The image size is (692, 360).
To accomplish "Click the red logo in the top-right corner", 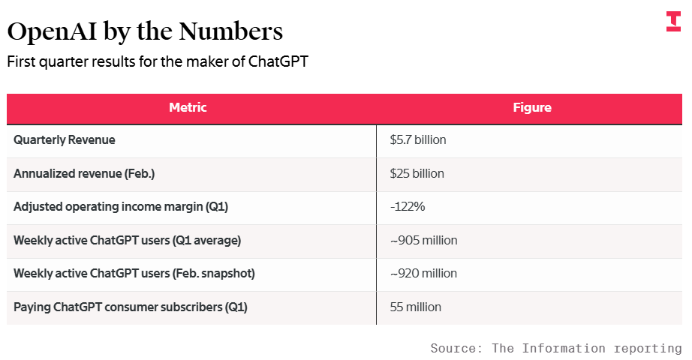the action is (x=673, y=22).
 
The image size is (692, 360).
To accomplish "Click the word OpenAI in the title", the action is (x=52, y=31).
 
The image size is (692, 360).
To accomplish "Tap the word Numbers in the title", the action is (x=230, y=31).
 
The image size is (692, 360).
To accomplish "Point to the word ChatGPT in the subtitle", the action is (x=278, y=61).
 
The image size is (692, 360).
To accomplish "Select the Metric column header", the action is (x=188, y=108).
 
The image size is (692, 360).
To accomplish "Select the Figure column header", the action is (x=532, y=108).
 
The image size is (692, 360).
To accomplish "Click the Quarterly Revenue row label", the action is (x=65, y=139).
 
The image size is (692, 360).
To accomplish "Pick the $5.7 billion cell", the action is (x=418, y=139).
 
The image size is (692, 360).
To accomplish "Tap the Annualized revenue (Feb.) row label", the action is (x=84, y=174).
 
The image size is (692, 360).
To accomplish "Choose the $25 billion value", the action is (x=417, y=173).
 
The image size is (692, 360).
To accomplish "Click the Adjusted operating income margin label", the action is (x=121, y=207).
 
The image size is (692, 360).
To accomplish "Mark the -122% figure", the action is (x=408, y=206).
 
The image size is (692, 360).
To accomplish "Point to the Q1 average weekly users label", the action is (x=127, y=241).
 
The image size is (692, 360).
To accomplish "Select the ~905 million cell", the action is (x=423, y=241).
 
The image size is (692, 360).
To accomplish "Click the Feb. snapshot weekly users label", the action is (x=134, y=274).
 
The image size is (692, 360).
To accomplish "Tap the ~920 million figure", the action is (x=423, y=274).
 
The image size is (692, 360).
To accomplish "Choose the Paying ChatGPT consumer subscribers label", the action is (x=131, y=307).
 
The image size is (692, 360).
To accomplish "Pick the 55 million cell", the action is (x=416, y=307).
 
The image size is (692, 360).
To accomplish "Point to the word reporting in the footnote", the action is (x=648, y=349).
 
